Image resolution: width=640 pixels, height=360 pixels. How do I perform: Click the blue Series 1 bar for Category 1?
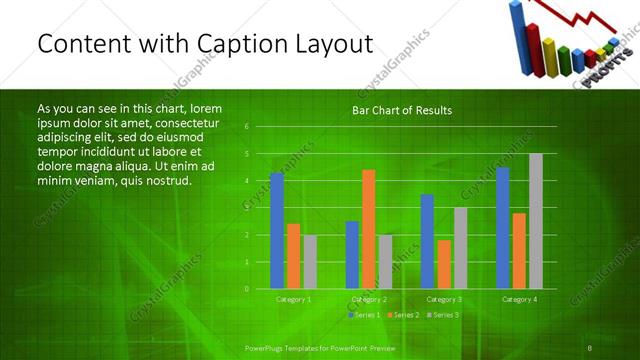(276, 230)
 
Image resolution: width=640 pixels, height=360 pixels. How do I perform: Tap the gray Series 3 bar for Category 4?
(535, 220)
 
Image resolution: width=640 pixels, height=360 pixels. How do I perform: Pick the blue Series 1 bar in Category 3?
(427, 241)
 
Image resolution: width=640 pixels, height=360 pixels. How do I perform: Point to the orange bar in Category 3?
(443, 264)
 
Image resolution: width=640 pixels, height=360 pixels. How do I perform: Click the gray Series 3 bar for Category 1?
(310, 261)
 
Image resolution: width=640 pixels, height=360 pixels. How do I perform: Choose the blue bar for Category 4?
(502, 227)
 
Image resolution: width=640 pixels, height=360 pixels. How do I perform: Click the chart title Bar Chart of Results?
(401, 110)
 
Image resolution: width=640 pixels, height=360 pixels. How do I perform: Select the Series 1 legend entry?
(364, 315)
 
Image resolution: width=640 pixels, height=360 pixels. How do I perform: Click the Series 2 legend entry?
(403, 315)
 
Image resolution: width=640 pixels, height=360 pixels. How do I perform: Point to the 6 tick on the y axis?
(246, 127)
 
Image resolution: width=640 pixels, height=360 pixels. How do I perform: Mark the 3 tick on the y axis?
(246, 208)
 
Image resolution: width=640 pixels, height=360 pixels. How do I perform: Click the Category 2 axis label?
(368, 299)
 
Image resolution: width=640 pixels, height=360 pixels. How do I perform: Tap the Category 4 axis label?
(518, 299)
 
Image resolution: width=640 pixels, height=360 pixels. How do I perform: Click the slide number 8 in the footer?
(590, 346)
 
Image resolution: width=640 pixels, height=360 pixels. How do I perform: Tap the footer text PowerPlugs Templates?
(290, 346)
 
